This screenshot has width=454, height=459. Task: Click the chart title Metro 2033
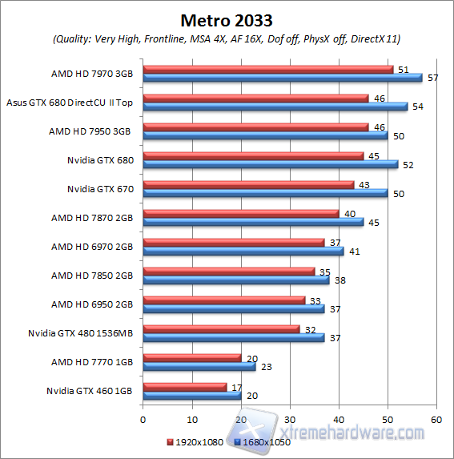pyautogui.click(x=227, y=18)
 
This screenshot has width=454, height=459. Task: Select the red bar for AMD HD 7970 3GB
pyautogui.click(x=267, y=70)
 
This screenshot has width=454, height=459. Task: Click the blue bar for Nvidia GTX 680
pyautogui.click(x=270, y=164)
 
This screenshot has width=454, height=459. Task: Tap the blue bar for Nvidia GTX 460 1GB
pyautogui.click(x=191, y=395)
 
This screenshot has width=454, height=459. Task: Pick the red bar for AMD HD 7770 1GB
pyautogui.click(x=191, y=357)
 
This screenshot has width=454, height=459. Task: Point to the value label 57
pyautogui.click(x=432, y=79)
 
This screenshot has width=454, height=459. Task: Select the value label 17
pyautogui.click(x=236, y=386)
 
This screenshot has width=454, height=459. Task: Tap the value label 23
pyautogui.click(x=266, y=367)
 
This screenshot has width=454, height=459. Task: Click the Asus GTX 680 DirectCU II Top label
pyautogui.click(x=70, y=103)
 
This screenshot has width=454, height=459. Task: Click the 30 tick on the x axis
pyautogui.click(x=289, y=418)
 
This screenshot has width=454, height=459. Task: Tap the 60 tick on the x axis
pyautogui.click(x=436, y=418)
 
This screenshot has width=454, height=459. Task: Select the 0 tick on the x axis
pyautogui.click(x=143, y=418)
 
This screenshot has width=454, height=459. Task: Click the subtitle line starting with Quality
pyautogui.click(x=227, y=38)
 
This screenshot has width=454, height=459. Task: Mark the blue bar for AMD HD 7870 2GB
pyautogui.click(x=253, y=222)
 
